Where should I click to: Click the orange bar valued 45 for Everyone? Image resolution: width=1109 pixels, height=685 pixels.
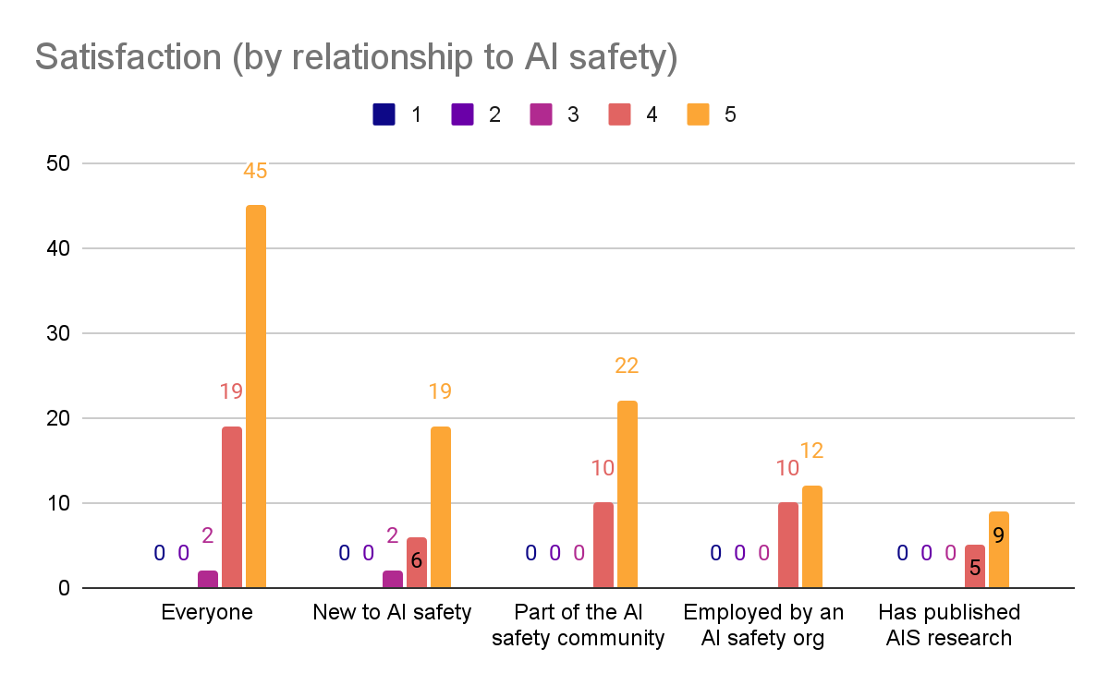click(255, 397)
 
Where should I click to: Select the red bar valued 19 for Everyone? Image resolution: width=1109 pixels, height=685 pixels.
click(231, 507)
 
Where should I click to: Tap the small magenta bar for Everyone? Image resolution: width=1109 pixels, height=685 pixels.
click(208, 579)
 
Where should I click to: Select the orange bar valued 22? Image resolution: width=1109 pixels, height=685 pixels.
click(627, 494)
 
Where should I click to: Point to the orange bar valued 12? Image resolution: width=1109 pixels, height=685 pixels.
click(811, 536)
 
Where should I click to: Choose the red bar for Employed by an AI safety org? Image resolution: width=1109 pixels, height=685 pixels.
click(787, 545)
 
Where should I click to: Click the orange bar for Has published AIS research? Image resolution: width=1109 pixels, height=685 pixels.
click(998, 549)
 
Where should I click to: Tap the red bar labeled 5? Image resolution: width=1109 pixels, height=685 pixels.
click(974, 566)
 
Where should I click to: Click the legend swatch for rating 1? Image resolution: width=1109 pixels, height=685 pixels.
click(384, 114)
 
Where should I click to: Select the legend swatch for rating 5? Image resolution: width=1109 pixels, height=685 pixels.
click(699, 114)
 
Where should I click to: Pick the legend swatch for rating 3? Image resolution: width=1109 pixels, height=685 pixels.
click(542, 114)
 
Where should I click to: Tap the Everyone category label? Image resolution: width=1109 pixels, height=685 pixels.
click(207, 612)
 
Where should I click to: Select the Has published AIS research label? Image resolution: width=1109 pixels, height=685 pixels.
click(949, 625)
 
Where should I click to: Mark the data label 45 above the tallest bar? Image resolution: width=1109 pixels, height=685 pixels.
click(255, 171)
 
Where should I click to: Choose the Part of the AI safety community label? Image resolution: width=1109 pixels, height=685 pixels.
click(579, 625)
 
